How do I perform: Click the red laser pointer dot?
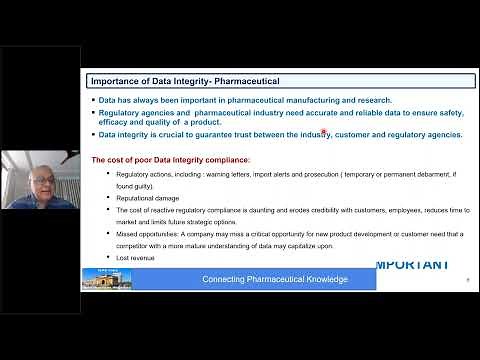point(324,131)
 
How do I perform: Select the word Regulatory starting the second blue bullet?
point(121,114)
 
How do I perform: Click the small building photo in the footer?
point(100,277)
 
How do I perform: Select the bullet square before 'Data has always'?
point(92,100)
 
